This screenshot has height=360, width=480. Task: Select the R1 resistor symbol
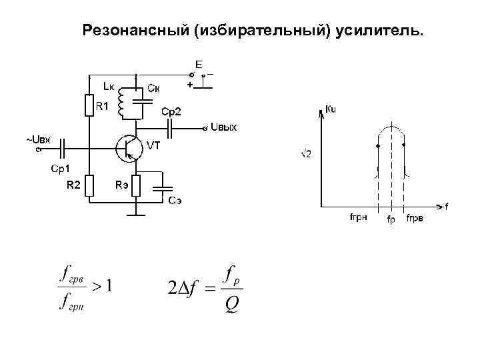(89, 105)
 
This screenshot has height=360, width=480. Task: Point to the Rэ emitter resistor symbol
(136, 185)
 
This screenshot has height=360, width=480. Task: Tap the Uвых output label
(224, 127)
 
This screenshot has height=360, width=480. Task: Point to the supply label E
(199, 64)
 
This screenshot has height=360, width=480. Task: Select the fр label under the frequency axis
(391, 221)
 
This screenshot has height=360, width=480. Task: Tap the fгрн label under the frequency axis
(359, 218)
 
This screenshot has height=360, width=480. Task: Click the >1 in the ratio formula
(101, 287)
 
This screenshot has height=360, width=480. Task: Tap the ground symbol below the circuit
(136, 214)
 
